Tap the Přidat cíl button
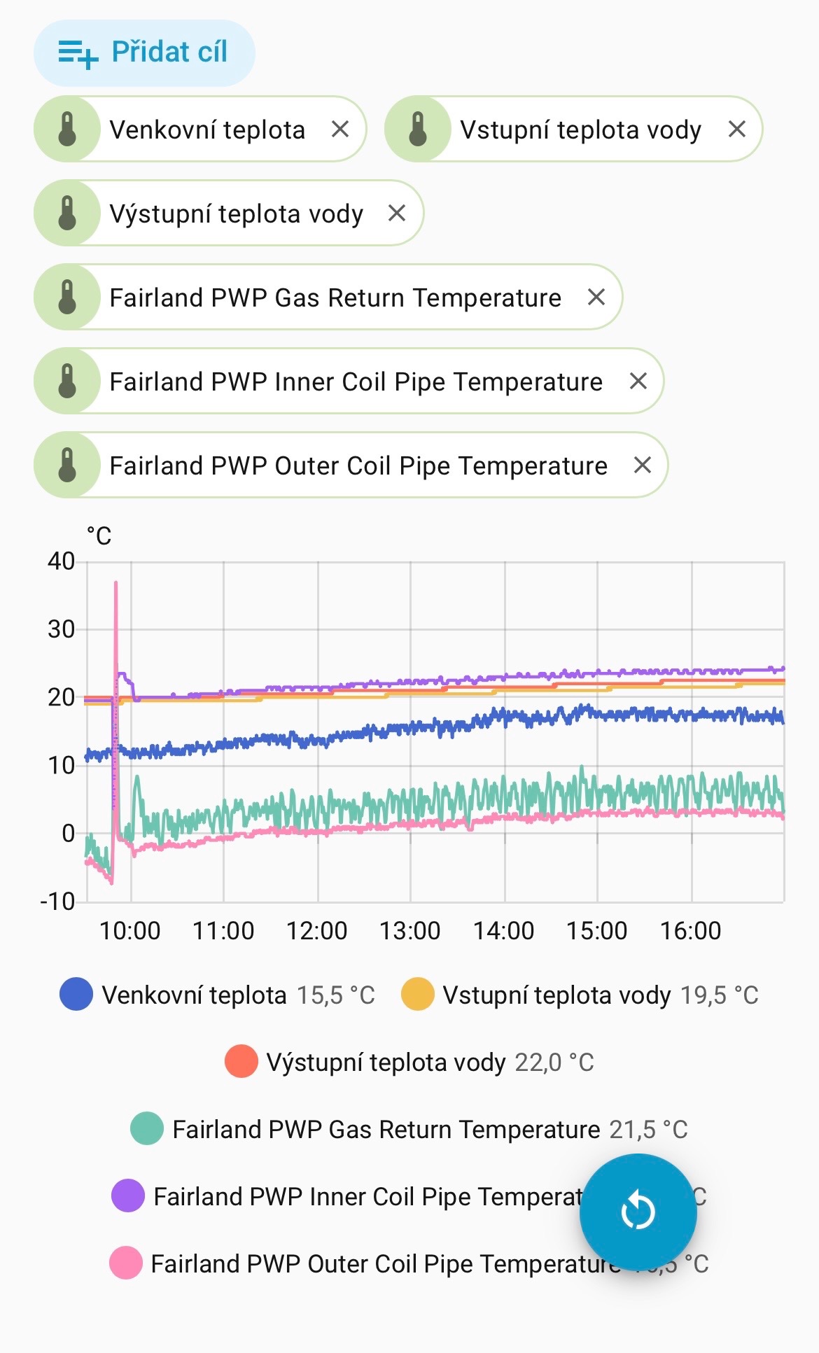144,52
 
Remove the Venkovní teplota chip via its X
340,129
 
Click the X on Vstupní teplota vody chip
736,129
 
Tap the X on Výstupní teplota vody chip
397,213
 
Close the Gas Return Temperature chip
596,297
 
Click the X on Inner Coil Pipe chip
638,381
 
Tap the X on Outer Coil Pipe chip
643,465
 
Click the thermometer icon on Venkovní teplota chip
67,129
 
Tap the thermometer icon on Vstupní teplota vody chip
418,129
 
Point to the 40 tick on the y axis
61,561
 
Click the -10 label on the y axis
57,901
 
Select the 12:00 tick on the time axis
316,931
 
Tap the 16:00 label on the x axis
690,931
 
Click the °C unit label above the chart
99,536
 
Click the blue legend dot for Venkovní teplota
76,995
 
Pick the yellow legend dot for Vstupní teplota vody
417,995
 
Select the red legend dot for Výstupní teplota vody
241,1062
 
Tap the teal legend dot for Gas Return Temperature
147,1129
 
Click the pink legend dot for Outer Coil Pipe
126,1263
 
